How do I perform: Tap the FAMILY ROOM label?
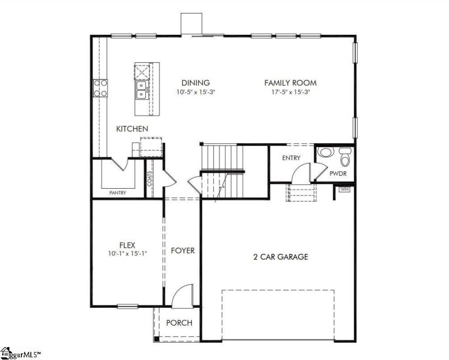click(x=287, y=83)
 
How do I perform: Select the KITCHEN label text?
click(x=132, y=129)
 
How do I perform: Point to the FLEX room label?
click(x=127, y=244)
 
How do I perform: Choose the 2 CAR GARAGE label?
click(x=280, y=257)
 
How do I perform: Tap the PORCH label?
click(x=180, y=323)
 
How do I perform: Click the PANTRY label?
click(x=117, y=193)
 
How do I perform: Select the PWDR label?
click(x=338, y=175)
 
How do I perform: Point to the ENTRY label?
click(x=291, y=158)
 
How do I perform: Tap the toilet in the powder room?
click(x=344, y=157)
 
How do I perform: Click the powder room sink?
click(x=324, y=153)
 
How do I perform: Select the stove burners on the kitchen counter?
click(x=100, y=88)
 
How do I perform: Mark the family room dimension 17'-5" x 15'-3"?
click(x=287, y=92)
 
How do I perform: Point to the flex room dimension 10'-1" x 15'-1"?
click(x=127, y=253)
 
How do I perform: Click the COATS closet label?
click(x=150, y=179)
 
